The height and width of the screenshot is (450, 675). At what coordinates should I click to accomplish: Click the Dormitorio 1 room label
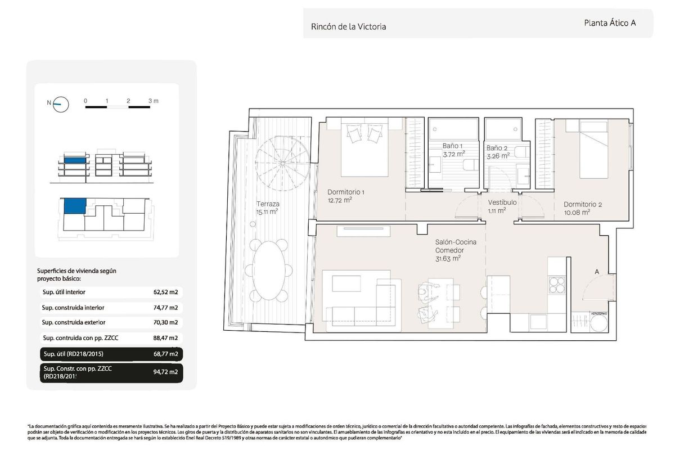point(346,192)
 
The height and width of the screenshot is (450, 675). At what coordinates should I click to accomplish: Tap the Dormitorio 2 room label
point(583,205)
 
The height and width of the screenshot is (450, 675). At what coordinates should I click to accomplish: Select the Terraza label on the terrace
point(268,204)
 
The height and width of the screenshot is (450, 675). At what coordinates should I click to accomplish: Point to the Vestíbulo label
point(502,202)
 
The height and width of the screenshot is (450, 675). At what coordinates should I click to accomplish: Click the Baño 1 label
point(453,146)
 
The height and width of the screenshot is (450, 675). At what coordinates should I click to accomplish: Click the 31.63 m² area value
point(448,259)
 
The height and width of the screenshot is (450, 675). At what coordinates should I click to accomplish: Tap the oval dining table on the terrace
point(269,271)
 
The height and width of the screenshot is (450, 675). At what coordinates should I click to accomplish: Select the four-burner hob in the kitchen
point(557,284)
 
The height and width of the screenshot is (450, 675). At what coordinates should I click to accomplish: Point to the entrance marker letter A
point(597,272)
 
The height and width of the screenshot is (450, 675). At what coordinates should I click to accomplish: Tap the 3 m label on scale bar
point(153,101)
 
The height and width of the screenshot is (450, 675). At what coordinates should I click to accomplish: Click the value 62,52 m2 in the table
point(165,292)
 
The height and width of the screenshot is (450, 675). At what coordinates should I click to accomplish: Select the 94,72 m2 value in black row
point(165,372)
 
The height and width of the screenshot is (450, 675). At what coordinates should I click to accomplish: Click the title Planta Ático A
point(610,23)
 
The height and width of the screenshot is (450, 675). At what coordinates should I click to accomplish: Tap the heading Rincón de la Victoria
point(348,26)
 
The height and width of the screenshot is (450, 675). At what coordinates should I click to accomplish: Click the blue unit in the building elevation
point(75,161)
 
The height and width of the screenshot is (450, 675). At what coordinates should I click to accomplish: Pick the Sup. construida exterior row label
point(74,322)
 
